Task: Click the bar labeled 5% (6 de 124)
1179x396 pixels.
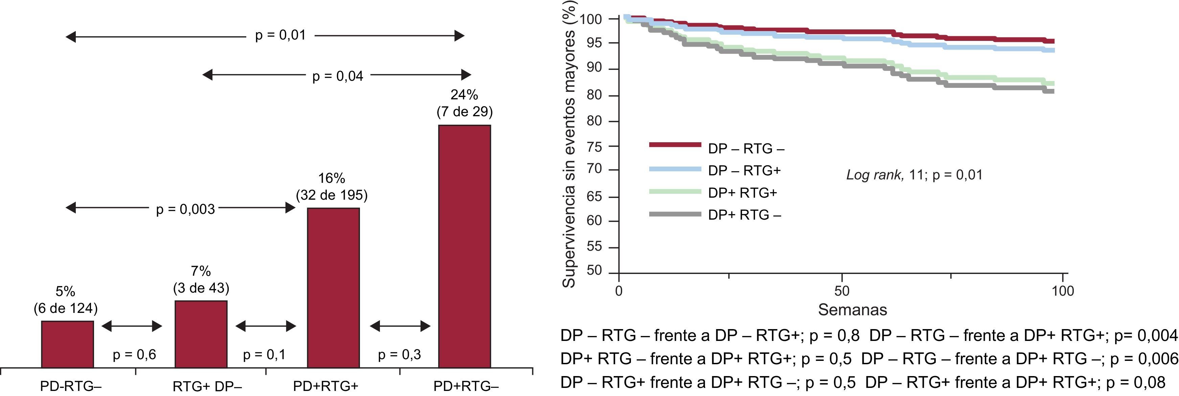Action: tap(67, 344)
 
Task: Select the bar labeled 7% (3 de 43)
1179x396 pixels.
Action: tap(201, 334)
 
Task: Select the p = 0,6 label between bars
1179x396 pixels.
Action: tap(134, 355)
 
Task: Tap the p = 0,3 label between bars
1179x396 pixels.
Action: tap(399, 355)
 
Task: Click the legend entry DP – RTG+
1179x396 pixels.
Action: tap(744, 171)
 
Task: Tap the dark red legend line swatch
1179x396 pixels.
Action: tap(675, 145)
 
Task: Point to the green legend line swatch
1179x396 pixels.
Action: tap(675, 192)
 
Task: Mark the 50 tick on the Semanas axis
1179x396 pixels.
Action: tap(842, 291)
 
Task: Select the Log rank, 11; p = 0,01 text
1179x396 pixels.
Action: tap(914, 175)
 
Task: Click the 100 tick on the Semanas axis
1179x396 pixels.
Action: tap(1063, 291)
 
